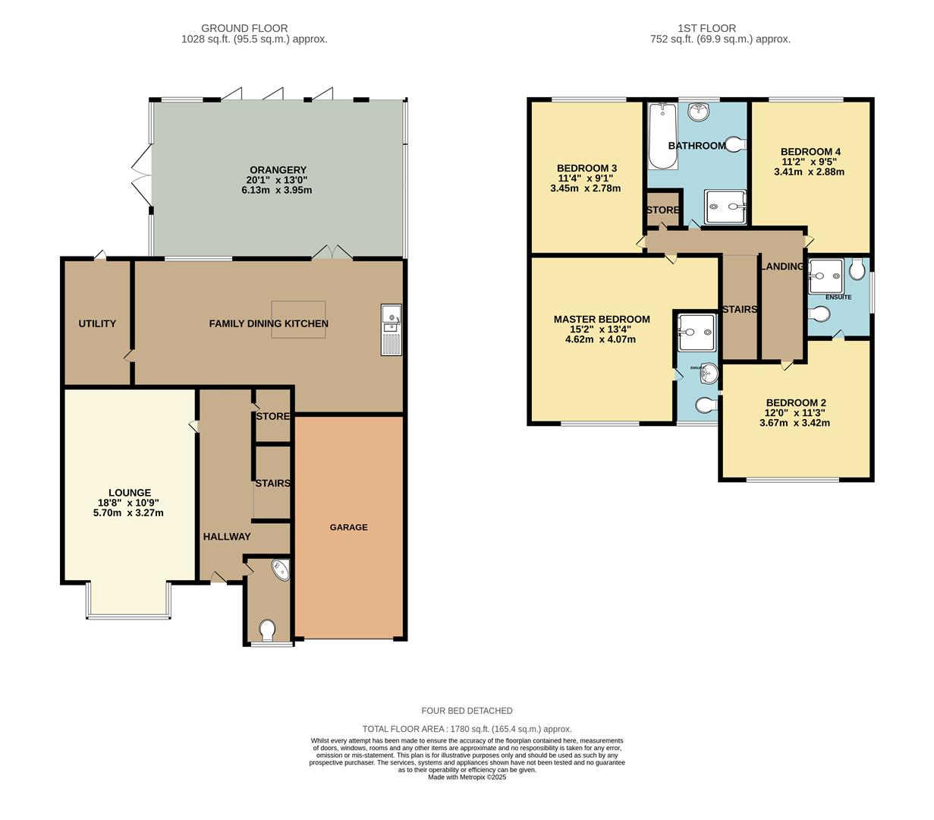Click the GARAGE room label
(x=348, y=527)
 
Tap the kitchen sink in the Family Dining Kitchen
(x=392, y=330)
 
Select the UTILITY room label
(x=97, y=323)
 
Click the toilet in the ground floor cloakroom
(x=267, y=629)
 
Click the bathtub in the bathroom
(x=662, y=137)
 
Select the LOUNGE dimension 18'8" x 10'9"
(x=128, y=503)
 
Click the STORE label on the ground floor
(x=272, y=416)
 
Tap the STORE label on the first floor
(x=662, y=210)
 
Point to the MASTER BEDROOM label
(x=602, y=319)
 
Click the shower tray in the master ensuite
(x=697, y=332)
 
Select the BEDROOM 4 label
(x=810, y=151)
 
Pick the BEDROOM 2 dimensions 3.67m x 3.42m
(x=794, y=423)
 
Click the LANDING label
(x=782, y=266)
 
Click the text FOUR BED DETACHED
(x=467, y=711)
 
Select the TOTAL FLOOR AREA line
(x=467, y=729)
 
